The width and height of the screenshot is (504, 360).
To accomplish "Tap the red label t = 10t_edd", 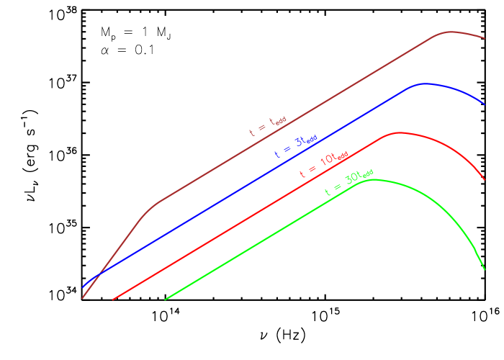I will [323, 165].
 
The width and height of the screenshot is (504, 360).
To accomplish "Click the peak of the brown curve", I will [451, 32].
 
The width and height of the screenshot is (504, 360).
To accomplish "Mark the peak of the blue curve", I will [425, 84].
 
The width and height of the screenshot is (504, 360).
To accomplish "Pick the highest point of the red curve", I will [398, 132].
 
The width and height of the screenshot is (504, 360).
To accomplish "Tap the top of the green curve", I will [372, 179].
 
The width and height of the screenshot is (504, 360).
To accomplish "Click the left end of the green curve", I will [165, 300].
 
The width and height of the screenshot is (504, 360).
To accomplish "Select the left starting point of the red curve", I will [113, 299].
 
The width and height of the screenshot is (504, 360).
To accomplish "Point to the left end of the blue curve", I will [83, 287].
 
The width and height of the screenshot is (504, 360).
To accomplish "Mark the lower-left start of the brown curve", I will [82, 298].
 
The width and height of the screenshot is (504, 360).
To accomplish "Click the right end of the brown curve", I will [484, 38].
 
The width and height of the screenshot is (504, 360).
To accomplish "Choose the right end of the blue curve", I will [484, 105].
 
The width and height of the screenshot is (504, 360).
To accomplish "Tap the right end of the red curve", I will [484, 180].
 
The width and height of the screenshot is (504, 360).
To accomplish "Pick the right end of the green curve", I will [484, 270].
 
